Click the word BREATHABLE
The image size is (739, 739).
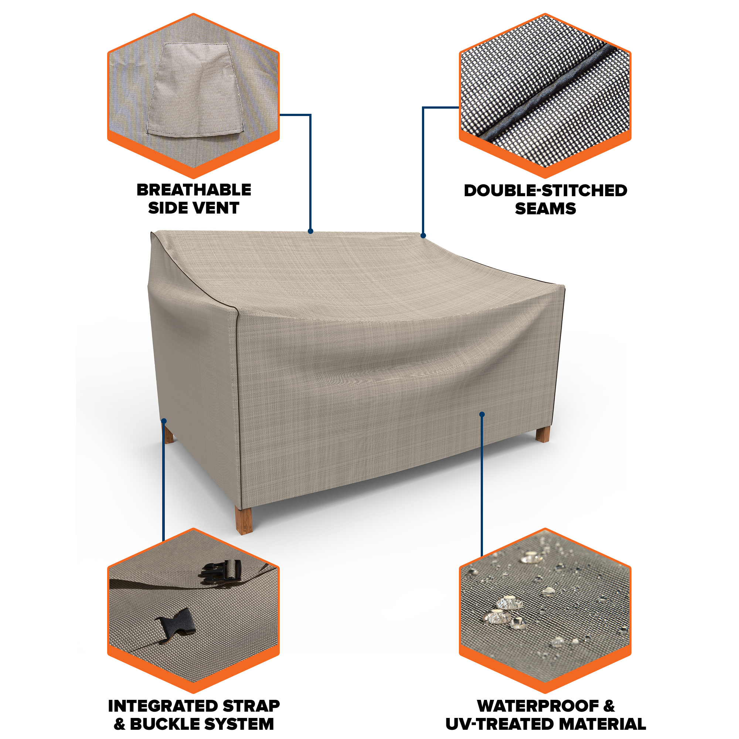(194, 190)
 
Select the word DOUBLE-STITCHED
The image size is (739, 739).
(545, 191)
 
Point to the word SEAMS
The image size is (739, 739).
(545, 209)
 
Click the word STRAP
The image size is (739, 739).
(251, 706)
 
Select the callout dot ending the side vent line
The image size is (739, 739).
(311, 231)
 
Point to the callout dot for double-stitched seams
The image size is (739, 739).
(423, 236)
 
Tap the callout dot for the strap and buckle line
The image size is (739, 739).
(164, 421)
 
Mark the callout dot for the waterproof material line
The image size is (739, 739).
(482, 414)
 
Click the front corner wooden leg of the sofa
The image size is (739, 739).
(244, 520)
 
